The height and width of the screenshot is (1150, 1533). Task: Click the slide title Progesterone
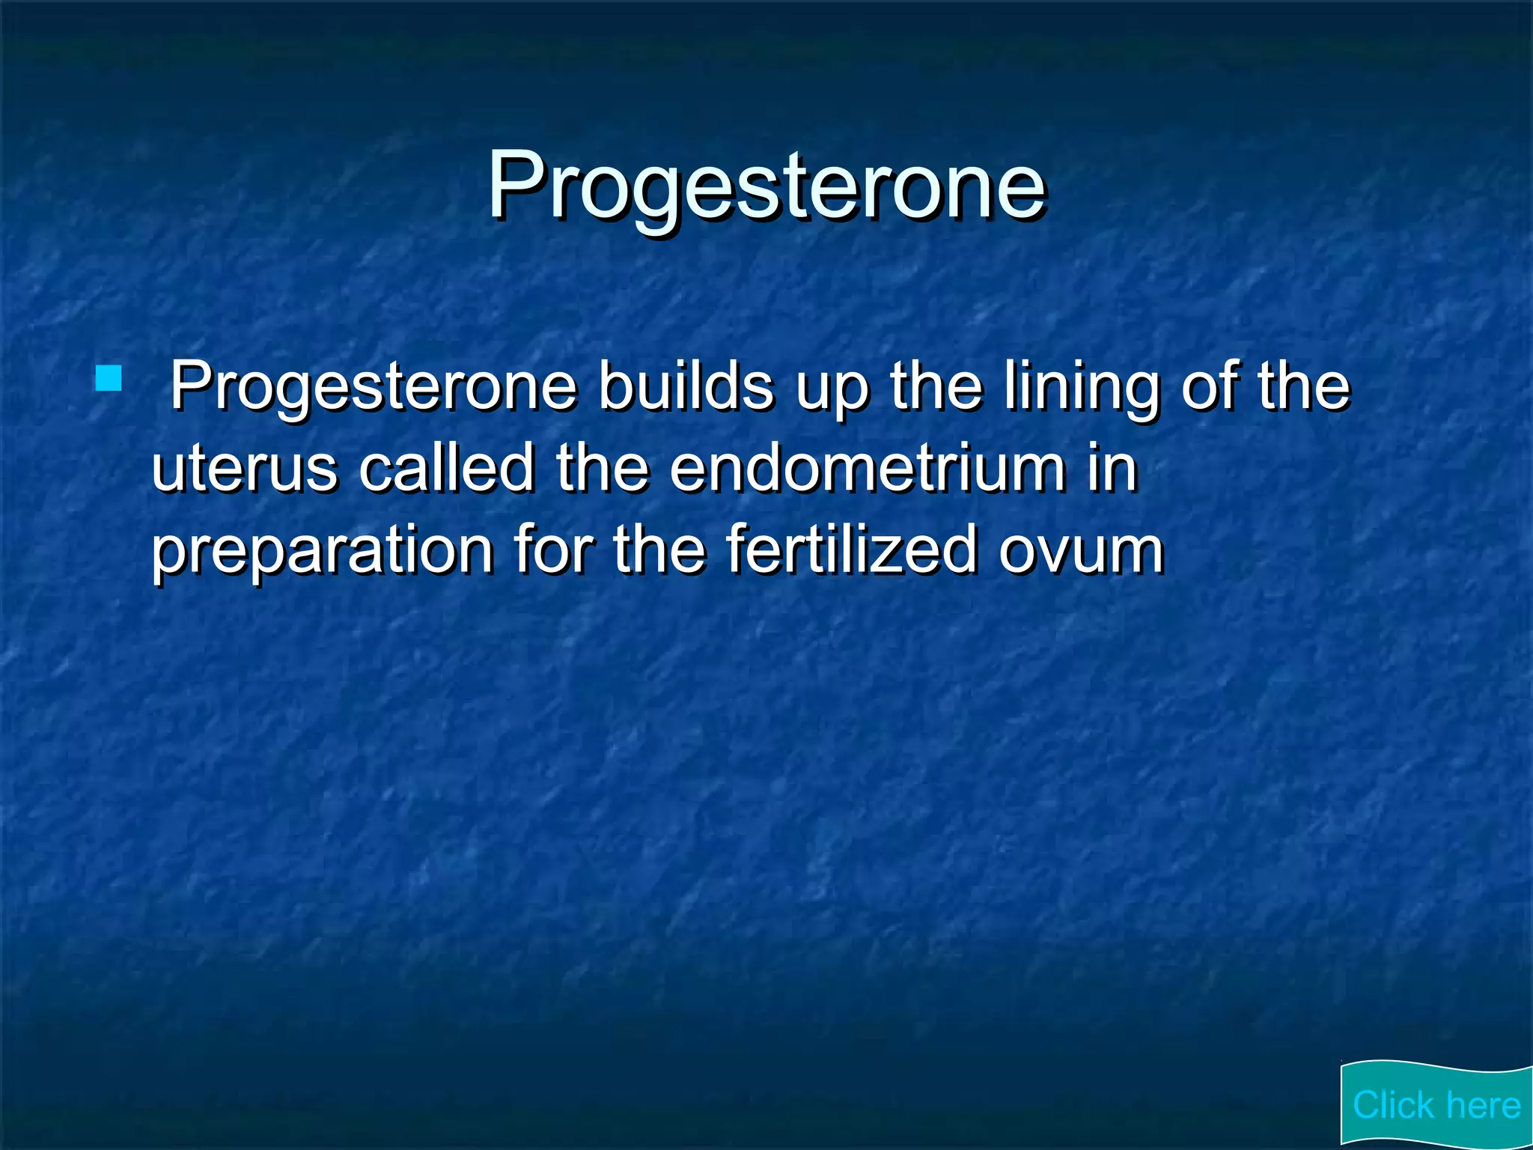click(x=766, y=185)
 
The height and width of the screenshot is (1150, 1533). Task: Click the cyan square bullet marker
click(x=109, y=378)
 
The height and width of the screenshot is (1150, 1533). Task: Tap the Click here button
click(x=1436, y=1104)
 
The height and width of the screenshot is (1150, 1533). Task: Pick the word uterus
click(x=244, y=469)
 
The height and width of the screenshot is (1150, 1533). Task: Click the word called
click(x=446, y=469)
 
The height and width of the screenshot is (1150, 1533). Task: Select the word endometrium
click(x=867, y=469)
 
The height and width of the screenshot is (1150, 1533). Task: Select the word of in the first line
click(x=1209, y=387)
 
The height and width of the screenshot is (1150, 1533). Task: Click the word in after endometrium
click(x=1112, y=469)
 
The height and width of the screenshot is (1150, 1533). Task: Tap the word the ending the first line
click(x=1304, y=387)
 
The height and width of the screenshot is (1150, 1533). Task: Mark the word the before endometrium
click(x=602, y=469)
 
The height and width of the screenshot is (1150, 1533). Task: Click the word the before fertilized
click(x=659, y=550)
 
